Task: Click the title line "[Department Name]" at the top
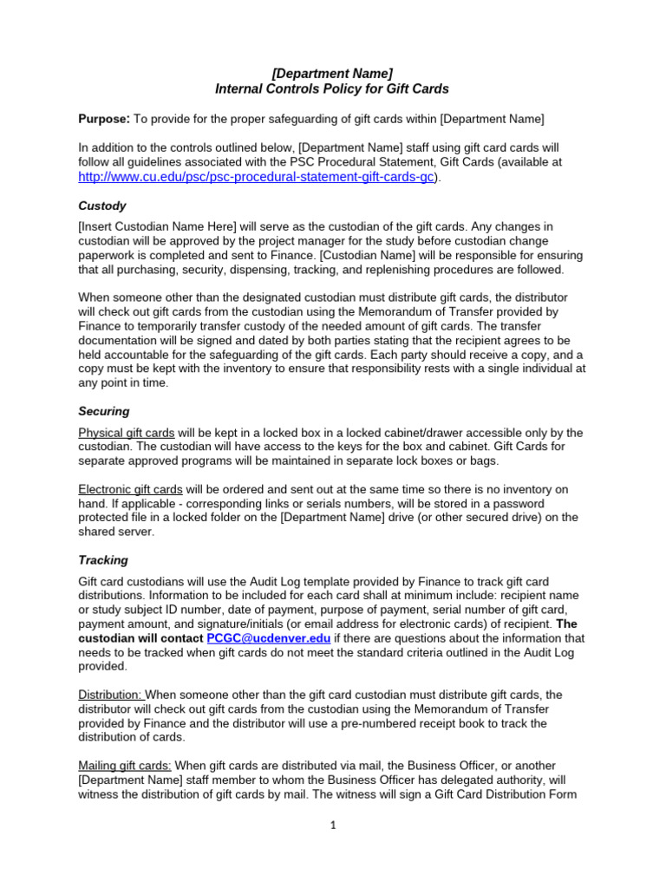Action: pos(332,73)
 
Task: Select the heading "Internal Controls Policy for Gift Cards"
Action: pos(332,88)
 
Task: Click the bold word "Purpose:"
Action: pos(104,118)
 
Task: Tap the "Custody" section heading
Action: pos(102,206)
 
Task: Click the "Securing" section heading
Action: pos(104,411)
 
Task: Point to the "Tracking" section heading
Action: pos(103,560)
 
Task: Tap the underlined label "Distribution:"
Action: pos(112,695)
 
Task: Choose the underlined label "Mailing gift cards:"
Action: pos(125,765)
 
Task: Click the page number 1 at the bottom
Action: pos(332,826)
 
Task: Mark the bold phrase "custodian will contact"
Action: pos(140,637)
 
